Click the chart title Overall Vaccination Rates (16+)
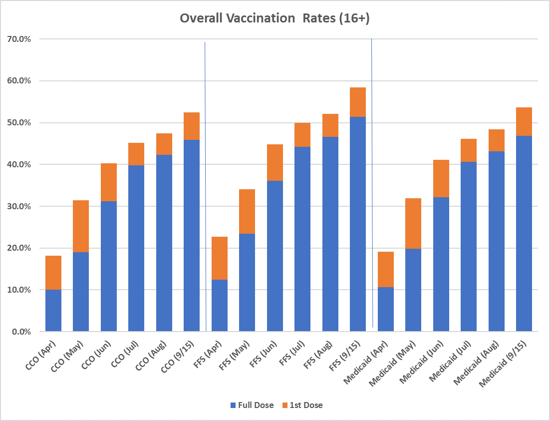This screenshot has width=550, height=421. pos(275,18)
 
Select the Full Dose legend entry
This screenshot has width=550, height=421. pos(252,405)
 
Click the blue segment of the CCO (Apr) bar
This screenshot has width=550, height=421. pos(53,310)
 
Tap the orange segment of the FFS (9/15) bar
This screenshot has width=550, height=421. pos(358,102)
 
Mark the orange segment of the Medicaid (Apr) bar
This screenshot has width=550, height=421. pos(386,269)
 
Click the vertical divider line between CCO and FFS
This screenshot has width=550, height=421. pos(205,185)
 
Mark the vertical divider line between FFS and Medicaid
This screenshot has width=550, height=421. pos(372,185)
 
